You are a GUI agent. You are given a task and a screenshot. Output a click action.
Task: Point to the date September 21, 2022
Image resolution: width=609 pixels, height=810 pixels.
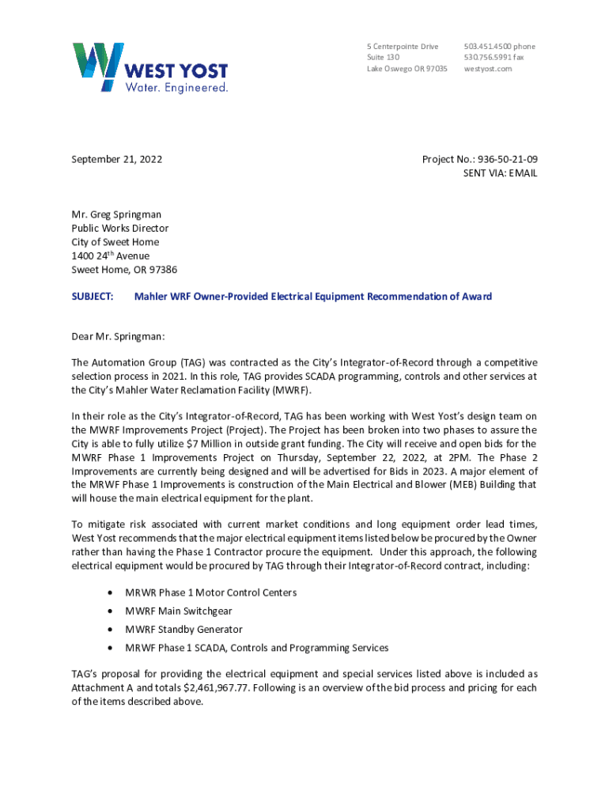pyautogui.click(x=117, y=159)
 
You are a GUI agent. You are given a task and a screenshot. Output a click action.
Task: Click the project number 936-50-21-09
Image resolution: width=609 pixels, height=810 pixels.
pyautogui.click(x=505, y=159)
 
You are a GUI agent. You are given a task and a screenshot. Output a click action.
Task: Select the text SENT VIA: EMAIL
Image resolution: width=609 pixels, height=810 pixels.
pyautogui.click(x=500, y=173)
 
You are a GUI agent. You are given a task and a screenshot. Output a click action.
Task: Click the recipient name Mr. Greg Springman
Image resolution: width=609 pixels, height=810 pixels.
pyautogui.click(x=116, y=214)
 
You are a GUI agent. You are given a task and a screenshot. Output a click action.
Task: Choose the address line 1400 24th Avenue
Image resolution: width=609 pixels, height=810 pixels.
pyautogui.click(x=110, y=255)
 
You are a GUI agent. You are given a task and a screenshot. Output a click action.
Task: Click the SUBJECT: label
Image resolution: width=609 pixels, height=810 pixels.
pyautogui.click(x=93, y=297)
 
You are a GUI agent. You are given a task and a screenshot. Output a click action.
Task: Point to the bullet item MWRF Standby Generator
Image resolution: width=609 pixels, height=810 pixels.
pyautogui.click(x=183, y=630)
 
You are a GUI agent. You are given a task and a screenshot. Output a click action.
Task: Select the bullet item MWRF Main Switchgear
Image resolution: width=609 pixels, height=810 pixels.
pyautogui.click(x=179, y=611)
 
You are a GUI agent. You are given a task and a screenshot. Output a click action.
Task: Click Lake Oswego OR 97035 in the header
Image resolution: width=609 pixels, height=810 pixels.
pyautogui.click(x=407, y=69)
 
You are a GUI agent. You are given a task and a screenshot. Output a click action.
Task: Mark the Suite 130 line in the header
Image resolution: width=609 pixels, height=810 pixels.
pyautogui.click(x=383, y=58)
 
